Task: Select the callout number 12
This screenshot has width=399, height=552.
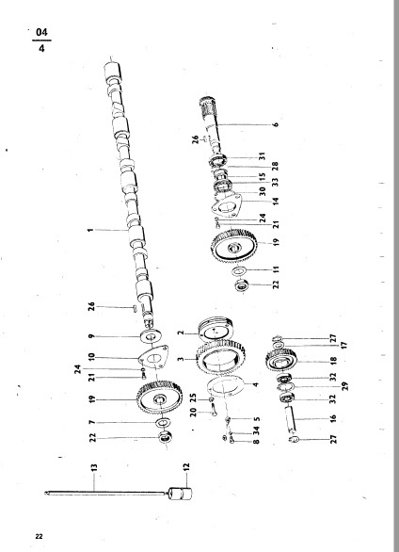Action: pos(186,465)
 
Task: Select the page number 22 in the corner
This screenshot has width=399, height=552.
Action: pos(40,537)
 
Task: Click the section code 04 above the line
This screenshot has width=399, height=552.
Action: pos(41,34)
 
